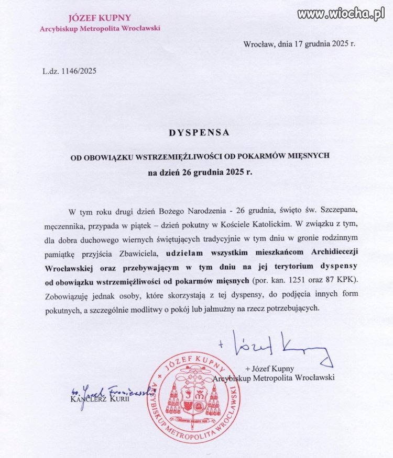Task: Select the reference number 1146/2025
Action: point(79,70)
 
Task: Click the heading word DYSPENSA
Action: point(199,133)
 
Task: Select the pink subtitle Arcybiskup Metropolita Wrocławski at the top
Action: point(100,28)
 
